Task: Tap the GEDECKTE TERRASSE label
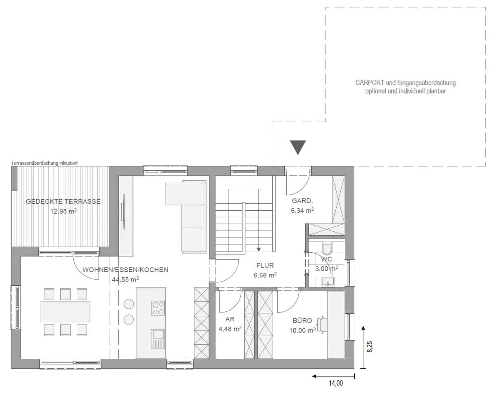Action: (x=63, y=201)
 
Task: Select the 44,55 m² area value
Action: (x=125, y=280)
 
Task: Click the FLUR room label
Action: (x=265, y=266)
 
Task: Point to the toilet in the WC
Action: (x=327, y=247)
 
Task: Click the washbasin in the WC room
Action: (x=328, y=282)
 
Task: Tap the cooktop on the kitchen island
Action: (x=158, y=308)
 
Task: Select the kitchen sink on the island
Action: (x=158, y=339)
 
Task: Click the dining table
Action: (x=66, y=312)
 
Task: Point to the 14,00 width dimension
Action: (x=336, y=383)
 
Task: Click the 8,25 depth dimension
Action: (x=370, y=346)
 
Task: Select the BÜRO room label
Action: (x=302, y=320)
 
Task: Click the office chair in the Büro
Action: (x=322, y=325)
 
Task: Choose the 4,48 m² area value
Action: (x=230, y=329)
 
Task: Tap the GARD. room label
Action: (x=302, y=201)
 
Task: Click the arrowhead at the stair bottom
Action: (x=259, y=249)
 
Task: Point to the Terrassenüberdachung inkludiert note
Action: (x=45, y=163)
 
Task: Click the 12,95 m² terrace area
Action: (x=64, y=211)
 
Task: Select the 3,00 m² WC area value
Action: (x=326, y=268)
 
